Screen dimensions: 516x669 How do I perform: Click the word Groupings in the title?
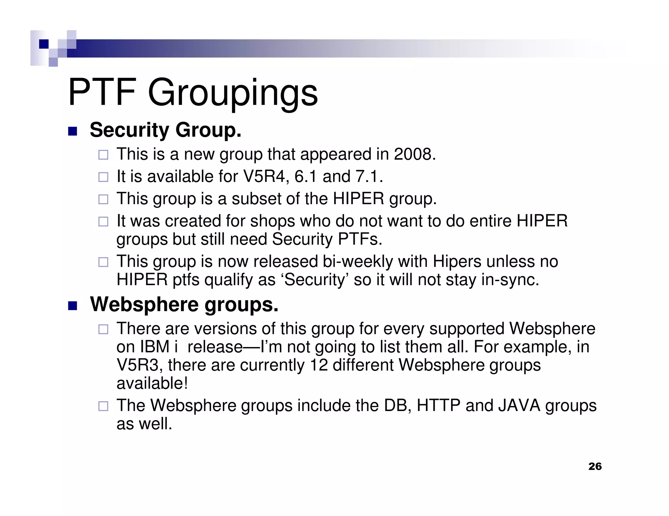click(233, 93)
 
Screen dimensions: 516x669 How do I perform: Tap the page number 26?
click(595, 466)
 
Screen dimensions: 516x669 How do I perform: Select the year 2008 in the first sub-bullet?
click(415, 154)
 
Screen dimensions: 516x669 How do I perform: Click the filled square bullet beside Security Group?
click(73, 131)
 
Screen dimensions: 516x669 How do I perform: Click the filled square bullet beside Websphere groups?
click(73, 306)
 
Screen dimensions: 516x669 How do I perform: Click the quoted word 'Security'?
click(315, 280)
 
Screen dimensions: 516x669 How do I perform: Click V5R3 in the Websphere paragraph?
click(139, 365)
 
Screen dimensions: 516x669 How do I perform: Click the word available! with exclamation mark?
click(152, 383)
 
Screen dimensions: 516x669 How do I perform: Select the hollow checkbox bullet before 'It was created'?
click(103, 222)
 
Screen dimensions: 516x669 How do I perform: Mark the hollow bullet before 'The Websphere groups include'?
click(103, 406)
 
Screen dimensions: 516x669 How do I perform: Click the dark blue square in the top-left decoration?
click(44, 44)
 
